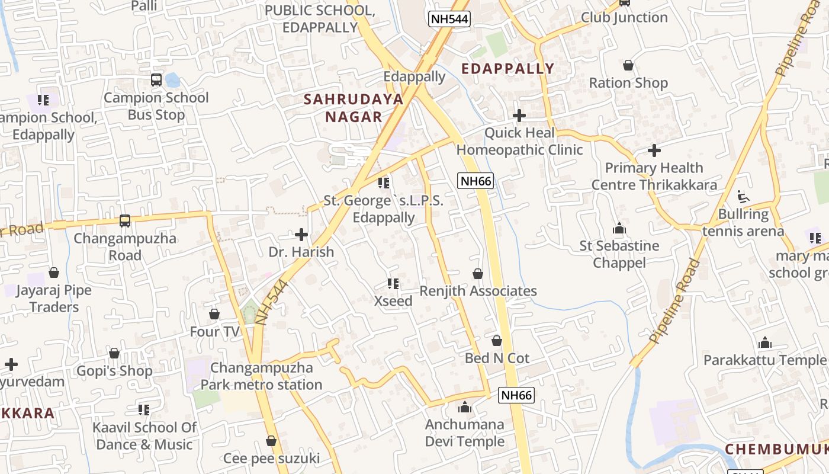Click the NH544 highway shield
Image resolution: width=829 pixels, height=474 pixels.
[x=449, y=19]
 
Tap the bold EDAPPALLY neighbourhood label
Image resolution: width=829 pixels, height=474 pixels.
[x=507, y=69]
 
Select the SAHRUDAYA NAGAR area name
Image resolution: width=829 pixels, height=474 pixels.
[x=354, y=108]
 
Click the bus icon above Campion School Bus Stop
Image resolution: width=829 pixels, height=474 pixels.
[x=156, y=79]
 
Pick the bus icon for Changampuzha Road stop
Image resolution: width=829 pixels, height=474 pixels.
[x=125, y=221]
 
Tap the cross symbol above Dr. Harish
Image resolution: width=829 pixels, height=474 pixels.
[x=301, y=235]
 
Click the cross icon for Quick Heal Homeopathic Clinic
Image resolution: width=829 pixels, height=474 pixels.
[x=519, y=116]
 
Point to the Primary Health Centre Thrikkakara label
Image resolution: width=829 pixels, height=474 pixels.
[x=654, y=177]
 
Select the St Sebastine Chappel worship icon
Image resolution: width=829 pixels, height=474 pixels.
[x=619, y=228]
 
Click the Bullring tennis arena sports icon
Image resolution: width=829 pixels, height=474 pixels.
[x=743, y=196]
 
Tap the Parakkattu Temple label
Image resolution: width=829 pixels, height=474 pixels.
[x=764, y=360]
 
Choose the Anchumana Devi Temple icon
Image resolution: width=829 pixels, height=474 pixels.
[x=465, y=407]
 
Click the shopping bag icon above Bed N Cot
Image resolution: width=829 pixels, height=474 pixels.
[x=497, y=341]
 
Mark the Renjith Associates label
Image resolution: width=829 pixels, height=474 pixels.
[x=478, y=291]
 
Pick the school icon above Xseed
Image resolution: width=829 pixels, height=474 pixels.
[x=393, y=284]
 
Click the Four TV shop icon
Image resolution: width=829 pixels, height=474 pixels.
[x=214, y=314]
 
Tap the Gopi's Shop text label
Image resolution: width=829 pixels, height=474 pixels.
[x=114, y=371]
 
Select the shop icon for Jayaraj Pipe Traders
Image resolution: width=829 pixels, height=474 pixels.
[x=54, y=273]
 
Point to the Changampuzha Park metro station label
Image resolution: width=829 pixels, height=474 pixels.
[x=262, y=376]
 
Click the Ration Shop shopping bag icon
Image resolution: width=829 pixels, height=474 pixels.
[x=628, y=65]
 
